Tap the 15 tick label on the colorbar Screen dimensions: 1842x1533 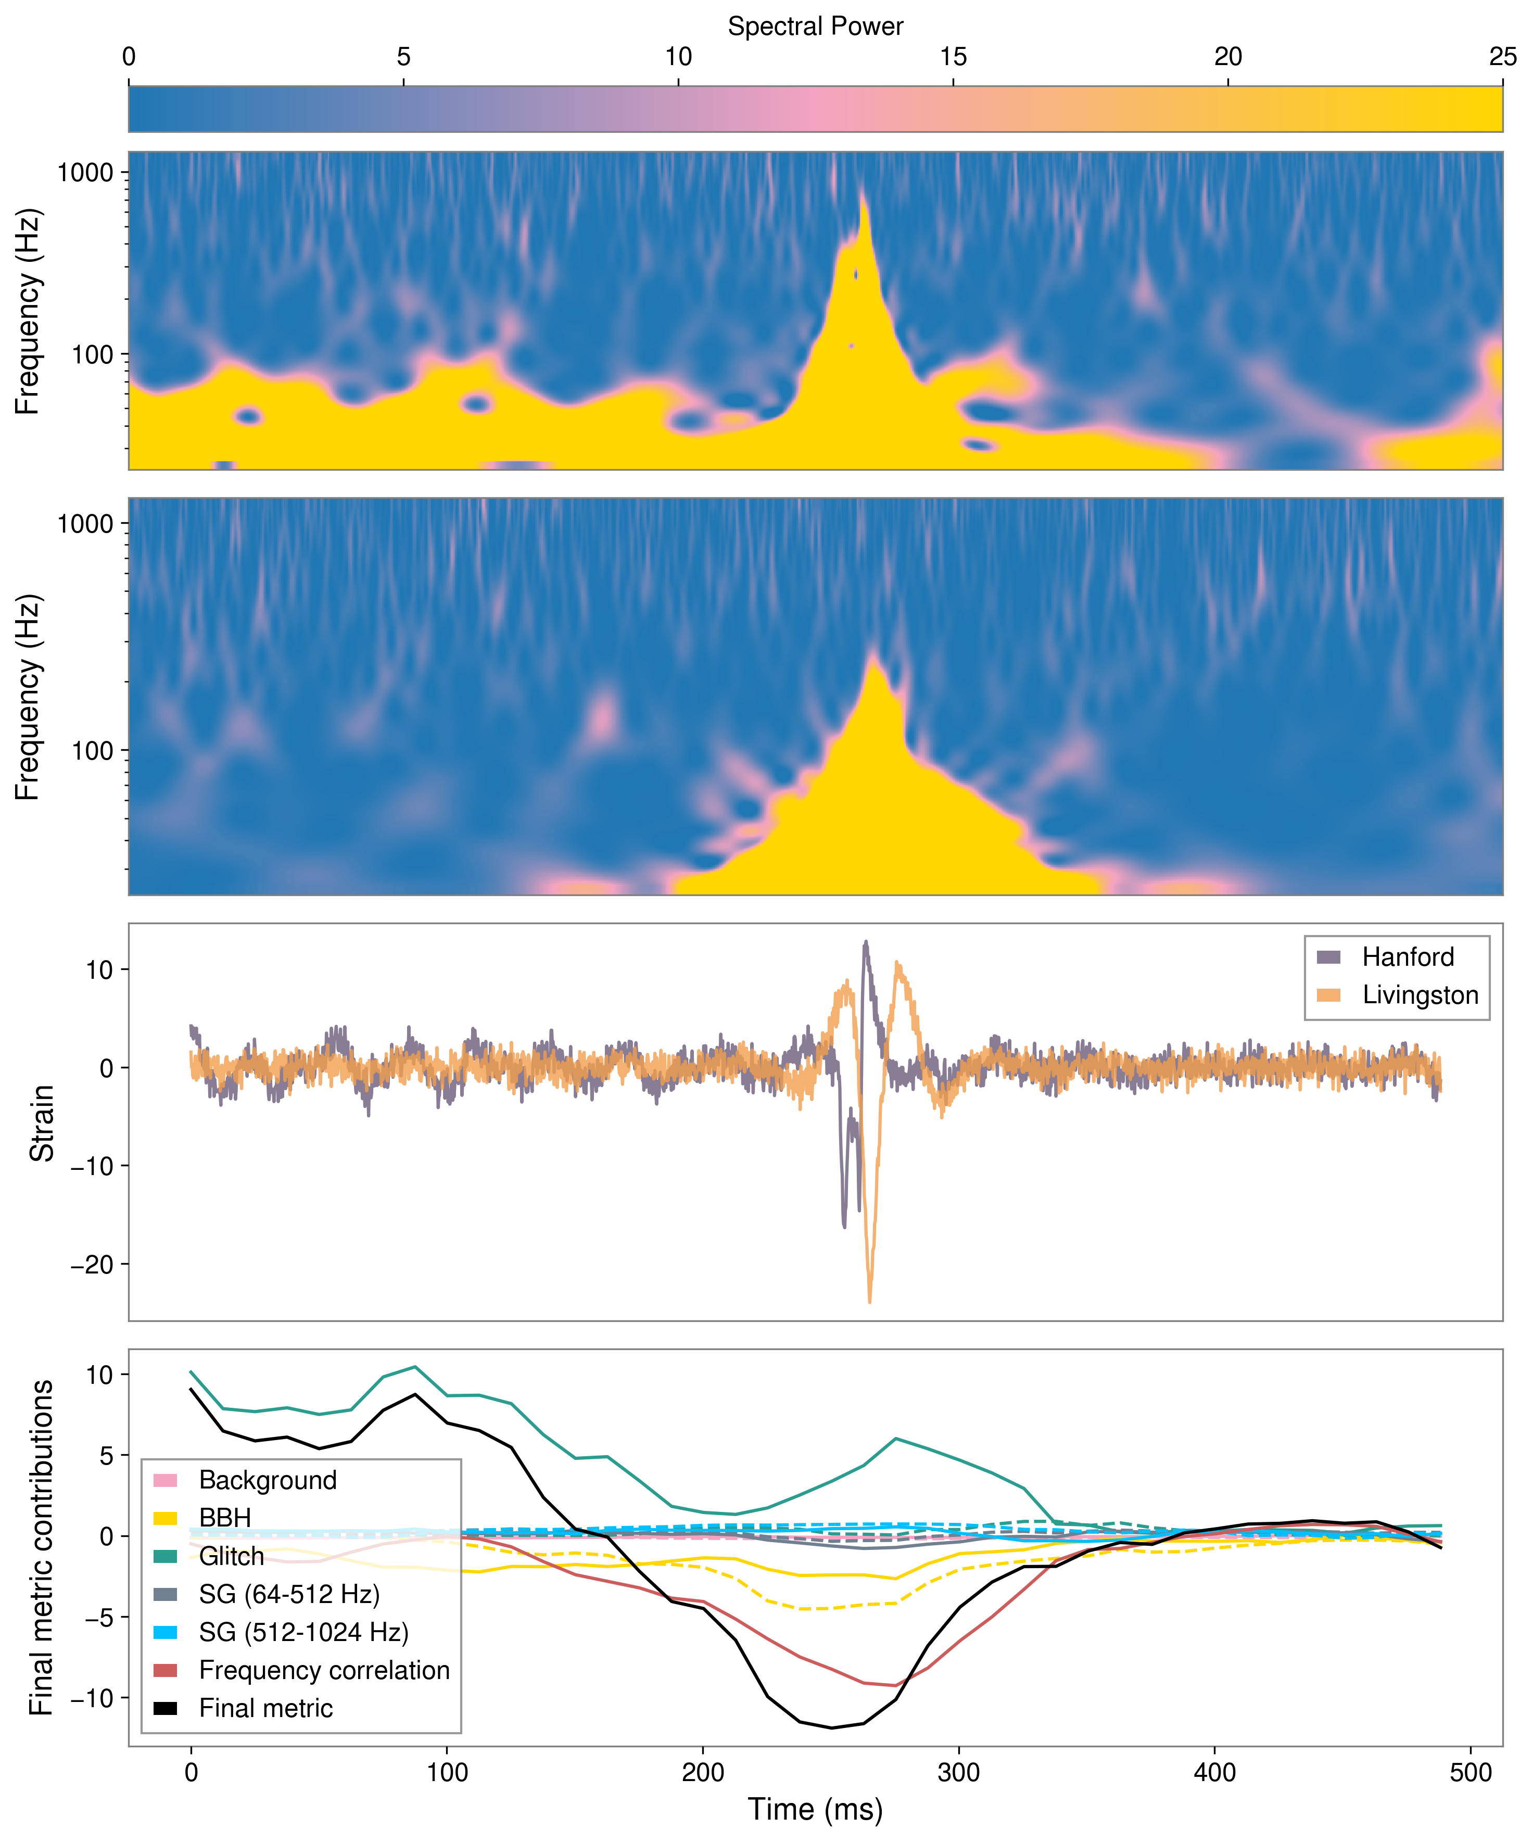click(953, 57)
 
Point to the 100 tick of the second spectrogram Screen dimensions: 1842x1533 click(92, 751)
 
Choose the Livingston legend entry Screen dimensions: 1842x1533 click(1419, 995)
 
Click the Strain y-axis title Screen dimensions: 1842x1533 click(41, 1122)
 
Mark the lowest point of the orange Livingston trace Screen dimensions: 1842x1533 click(869, 1302)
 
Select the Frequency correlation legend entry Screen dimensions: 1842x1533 click(324, 1671)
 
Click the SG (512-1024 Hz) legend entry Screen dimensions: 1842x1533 click(303, 1632)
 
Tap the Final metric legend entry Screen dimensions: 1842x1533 click(265, 1709)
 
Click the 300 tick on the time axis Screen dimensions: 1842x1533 click(958, 1774)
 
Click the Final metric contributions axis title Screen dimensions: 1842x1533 click(41, 1548)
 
